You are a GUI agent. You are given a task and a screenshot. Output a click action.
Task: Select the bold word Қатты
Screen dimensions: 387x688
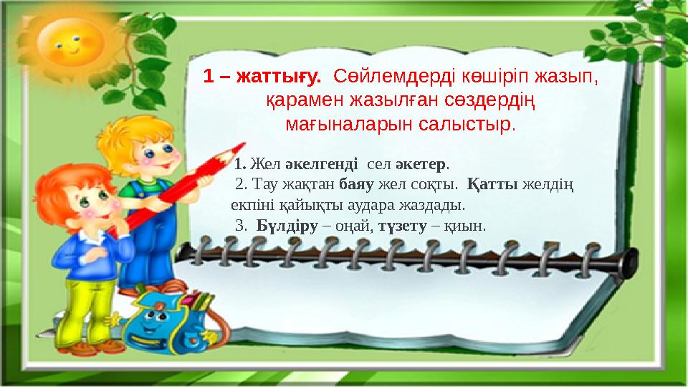(492, 184)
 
